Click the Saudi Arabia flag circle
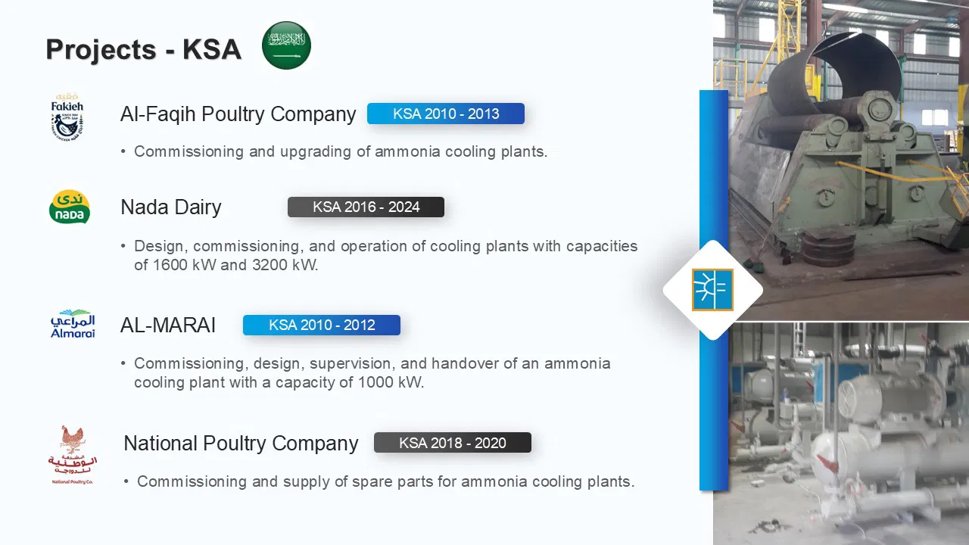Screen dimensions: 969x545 pos(286,45)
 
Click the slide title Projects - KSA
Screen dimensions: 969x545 pos(144,49)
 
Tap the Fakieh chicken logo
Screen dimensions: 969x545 pos(67,117)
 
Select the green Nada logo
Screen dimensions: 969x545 pos(70,207)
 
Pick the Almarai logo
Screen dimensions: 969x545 pos(73,323)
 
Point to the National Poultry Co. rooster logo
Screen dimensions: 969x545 pos(72,455)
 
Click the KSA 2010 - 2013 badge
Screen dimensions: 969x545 pos(446,114)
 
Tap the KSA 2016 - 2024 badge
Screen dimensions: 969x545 pos(366,207)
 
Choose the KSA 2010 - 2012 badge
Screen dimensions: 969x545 pos(322,325)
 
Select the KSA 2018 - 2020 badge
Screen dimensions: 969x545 pos(453,443)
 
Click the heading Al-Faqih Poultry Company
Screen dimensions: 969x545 pos(238,114)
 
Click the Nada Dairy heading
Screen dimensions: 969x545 pos(171,207)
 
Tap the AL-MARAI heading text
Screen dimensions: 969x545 pos(168,325)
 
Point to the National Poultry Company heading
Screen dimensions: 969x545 pos(241,444)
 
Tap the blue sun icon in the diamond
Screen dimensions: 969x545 pos(712,290)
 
